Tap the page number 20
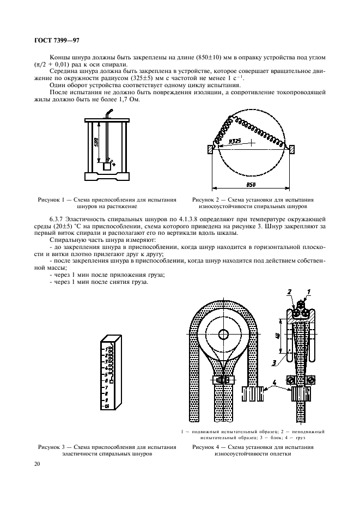point(36,464)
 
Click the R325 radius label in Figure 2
point(235,141)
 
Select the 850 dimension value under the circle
point(251,185)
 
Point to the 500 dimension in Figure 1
point(95,143)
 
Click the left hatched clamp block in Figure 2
point(210,149)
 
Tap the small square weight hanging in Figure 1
point(107,167)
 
